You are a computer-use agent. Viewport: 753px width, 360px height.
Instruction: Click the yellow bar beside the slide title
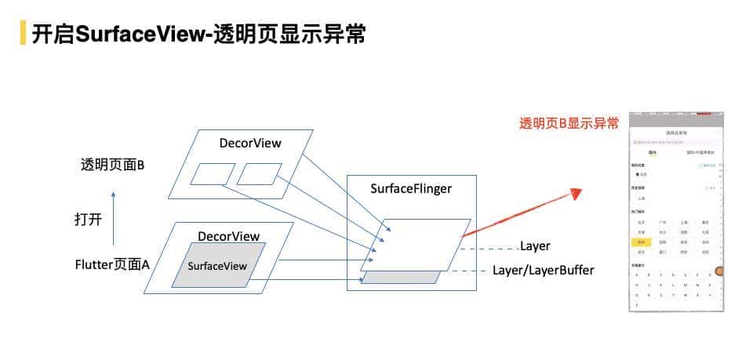[23, 32]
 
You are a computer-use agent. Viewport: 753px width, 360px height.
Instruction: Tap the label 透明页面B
[111, 165]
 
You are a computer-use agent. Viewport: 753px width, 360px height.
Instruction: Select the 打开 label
[87, 220]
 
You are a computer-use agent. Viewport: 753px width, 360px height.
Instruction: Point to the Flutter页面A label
[111, 265]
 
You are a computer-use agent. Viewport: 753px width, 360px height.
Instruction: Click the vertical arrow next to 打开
[114, 220]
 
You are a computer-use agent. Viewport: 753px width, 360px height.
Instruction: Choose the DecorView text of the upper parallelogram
[249, 143]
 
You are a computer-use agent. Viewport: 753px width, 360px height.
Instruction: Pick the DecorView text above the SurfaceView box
[228, 236]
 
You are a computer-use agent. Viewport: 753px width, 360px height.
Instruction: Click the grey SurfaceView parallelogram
[218, 266]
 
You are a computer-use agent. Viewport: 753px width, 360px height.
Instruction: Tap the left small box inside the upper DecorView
[208, 173]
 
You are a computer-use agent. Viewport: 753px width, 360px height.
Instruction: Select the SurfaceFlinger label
[411, 188]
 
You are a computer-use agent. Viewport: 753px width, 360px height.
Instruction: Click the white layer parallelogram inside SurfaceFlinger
[416, 245]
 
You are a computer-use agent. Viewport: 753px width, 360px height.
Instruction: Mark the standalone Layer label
[535, 246]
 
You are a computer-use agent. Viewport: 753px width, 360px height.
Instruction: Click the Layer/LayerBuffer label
[543, 271]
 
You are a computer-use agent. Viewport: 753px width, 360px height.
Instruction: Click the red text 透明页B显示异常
[569, 124]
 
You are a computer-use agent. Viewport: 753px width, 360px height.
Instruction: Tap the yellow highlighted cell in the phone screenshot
[641, 243]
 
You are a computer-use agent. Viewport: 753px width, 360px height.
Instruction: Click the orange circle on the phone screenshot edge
[720, 271]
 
